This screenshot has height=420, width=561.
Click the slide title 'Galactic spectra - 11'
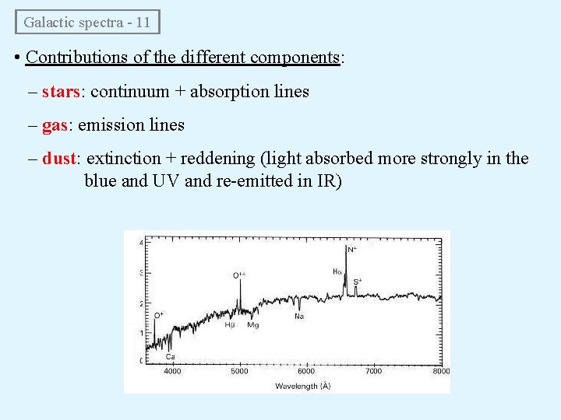86,22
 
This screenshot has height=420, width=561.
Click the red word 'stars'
61,92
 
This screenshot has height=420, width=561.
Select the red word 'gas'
55,125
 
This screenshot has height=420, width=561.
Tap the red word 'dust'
59,159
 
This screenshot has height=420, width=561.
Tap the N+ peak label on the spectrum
352,250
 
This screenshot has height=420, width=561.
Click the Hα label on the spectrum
337,271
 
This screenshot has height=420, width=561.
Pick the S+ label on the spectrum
358,281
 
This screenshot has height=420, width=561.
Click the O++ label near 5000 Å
239,275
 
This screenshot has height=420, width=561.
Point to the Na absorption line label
298,317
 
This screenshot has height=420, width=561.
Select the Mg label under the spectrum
252,325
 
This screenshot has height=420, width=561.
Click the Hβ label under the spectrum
230,325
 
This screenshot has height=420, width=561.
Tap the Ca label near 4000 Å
170,356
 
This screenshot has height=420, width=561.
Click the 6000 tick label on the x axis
306,371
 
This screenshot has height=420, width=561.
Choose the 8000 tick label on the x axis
441,371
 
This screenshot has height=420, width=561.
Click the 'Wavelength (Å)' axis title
306,385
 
